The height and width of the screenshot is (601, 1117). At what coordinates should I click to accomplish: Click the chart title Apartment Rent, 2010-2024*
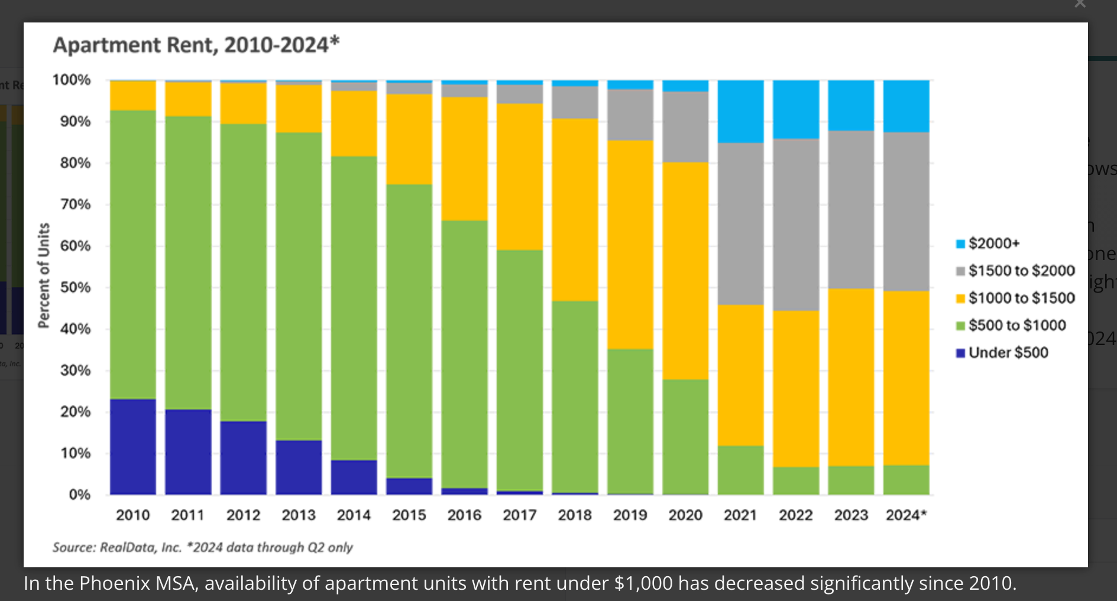(196, 45)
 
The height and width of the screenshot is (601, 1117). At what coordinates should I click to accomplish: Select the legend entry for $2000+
(993, 243)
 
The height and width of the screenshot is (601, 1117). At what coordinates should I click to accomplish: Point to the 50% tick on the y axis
(75, 288)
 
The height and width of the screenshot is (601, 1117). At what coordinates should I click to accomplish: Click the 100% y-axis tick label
(72, 80)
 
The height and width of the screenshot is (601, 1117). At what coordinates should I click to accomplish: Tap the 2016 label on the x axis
(464, 515)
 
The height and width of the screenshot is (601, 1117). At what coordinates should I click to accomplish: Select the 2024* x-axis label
(906, 515)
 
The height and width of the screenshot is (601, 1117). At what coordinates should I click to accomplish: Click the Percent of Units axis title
(44, 275)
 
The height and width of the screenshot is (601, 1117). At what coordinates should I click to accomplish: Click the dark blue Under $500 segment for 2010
(133, 446)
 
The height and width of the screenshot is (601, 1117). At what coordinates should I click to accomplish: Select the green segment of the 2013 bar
(299, 286)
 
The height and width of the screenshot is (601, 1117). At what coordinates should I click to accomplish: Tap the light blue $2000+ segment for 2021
(740, 111)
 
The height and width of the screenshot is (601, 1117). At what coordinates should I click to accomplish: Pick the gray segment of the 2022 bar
(796, 225)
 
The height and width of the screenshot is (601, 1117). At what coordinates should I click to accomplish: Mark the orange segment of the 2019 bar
(630, 244)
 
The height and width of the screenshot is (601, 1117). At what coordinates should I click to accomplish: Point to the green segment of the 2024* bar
(906, 480)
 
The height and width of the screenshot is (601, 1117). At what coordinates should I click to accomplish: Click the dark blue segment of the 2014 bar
(354, 477)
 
